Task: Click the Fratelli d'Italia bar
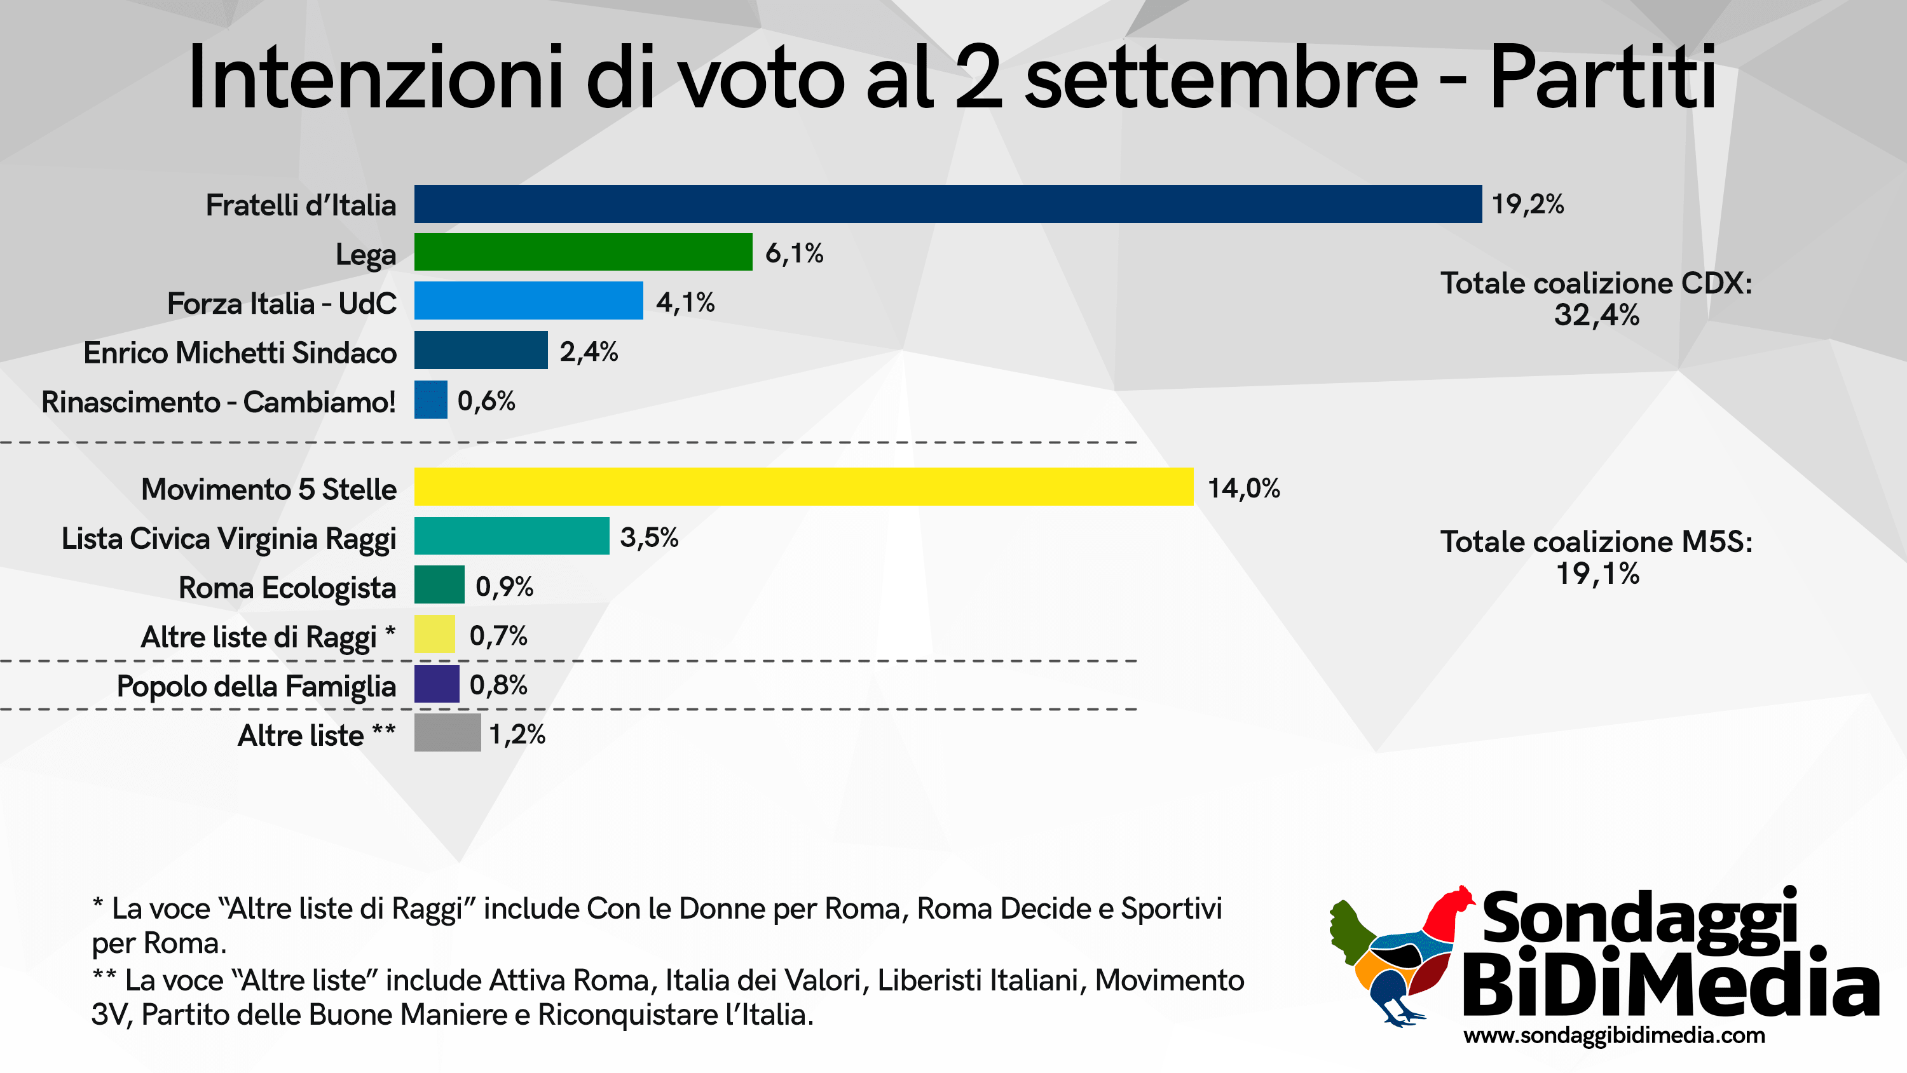(x=948, y=203)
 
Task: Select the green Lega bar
(x=583, y=252)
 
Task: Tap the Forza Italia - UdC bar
(x=529, y=300)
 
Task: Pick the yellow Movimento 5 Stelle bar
(x=803, y=487)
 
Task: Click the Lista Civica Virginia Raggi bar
(x=512, y=536)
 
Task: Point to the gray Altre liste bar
(x=447, y=732)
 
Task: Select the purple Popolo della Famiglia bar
(x=436, y=684)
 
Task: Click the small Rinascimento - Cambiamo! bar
(x=430, y=400)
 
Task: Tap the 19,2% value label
(x=1528, y=204)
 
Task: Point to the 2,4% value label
(x=589, y=351)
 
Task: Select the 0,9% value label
(x=504, y=587)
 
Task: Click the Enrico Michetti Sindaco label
(x=240, y=353)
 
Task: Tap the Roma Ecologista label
(x=287, y=588)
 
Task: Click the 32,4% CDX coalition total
(x=1597, y=315)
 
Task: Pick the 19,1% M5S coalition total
(x=1597, y=574)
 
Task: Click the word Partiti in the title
(x=1603, y=78)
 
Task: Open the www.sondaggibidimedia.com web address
(x=1614, y=1036)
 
